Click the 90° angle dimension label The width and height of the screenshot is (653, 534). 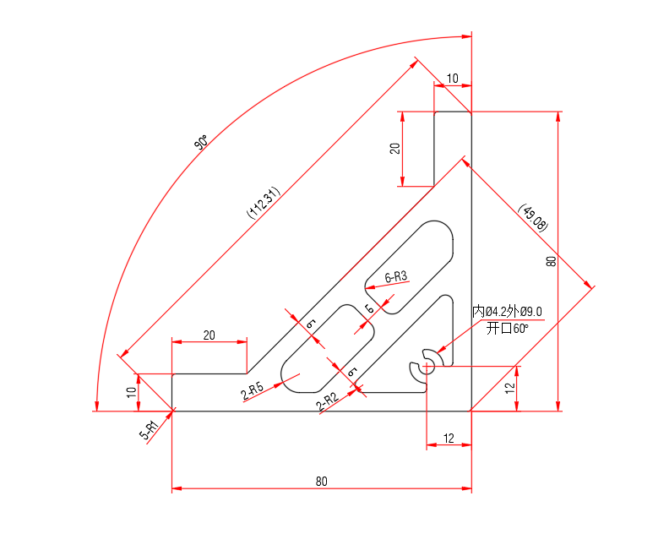(201, 143)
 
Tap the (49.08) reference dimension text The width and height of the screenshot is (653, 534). (534, 218)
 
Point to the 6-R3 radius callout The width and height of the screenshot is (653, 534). (396, 276)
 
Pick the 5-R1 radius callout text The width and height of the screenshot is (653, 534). (149, 432)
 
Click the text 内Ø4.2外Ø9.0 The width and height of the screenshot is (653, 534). (507, 312)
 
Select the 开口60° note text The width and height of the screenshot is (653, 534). (507, 328)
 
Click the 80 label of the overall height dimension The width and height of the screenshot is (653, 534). (551, 261)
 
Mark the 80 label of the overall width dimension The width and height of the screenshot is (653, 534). (321, 482)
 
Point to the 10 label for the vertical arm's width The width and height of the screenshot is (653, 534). (453, 79)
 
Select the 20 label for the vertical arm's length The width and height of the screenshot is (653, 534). (395, 148)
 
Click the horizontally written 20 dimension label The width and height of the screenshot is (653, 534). (209, 335)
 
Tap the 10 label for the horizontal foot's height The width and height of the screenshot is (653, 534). (131, 392)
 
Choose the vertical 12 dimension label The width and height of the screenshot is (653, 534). (509, 388)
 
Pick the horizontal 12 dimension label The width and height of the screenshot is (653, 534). (449, 438)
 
